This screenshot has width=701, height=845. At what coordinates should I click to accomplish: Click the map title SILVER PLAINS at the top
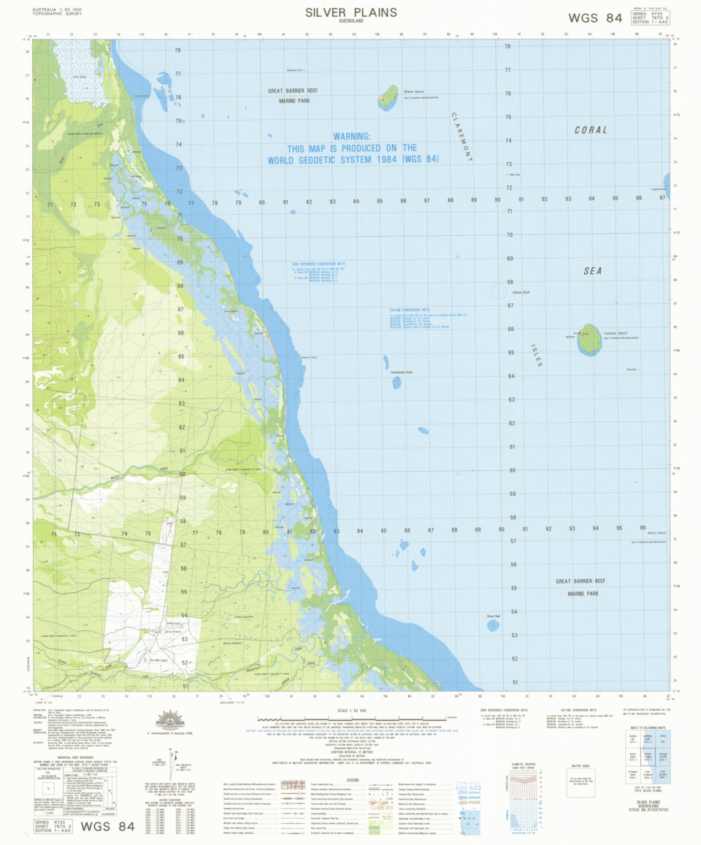pos(350,12)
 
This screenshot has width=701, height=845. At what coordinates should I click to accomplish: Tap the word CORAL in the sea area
pos(591,130)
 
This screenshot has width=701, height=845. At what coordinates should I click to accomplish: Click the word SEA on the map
pos(592,271)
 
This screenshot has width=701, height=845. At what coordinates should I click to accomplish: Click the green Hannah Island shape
pos(589,340)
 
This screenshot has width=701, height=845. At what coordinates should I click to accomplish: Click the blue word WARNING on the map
pos(352,137)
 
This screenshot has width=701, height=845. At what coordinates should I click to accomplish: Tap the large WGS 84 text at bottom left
pos(107,827)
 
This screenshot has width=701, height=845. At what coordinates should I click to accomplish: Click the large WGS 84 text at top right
pos(594,18)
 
